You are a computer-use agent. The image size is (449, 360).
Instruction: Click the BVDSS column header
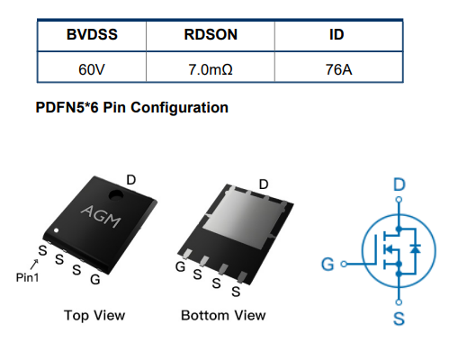[92, 34]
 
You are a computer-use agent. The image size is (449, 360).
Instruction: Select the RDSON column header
[211, 34]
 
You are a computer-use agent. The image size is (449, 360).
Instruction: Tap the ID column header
[337, 34]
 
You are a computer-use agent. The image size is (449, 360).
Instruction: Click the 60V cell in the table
[92, 69]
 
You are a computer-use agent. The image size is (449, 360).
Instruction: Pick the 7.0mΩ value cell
[211, 69]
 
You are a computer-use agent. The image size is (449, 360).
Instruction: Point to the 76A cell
[338, 69]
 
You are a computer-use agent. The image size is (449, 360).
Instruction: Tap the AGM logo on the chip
[101, 216]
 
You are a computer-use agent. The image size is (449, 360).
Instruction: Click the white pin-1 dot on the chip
[56, 230]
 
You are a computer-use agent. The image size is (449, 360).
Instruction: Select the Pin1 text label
[27, 277]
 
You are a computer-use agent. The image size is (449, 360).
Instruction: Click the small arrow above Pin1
[34, 265]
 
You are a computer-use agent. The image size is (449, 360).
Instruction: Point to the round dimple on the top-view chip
[116, 195]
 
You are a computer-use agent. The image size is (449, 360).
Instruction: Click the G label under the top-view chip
[95, 280]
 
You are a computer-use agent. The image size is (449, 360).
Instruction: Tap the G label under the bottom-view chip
[180, 266]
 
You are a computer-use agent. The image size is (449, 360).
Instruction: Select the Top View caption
[94, 316]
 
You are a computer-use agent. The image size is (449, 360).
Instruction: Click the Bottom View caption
[223, 316]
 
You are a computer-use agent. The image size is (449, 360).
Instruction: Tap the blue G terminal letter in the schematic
[328, 265]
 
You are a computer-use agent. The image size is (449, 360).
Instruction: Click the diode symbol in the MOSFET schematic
[415, 249]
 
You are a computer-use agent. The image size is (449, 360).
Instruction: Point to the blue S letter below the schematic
[399, 319]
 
